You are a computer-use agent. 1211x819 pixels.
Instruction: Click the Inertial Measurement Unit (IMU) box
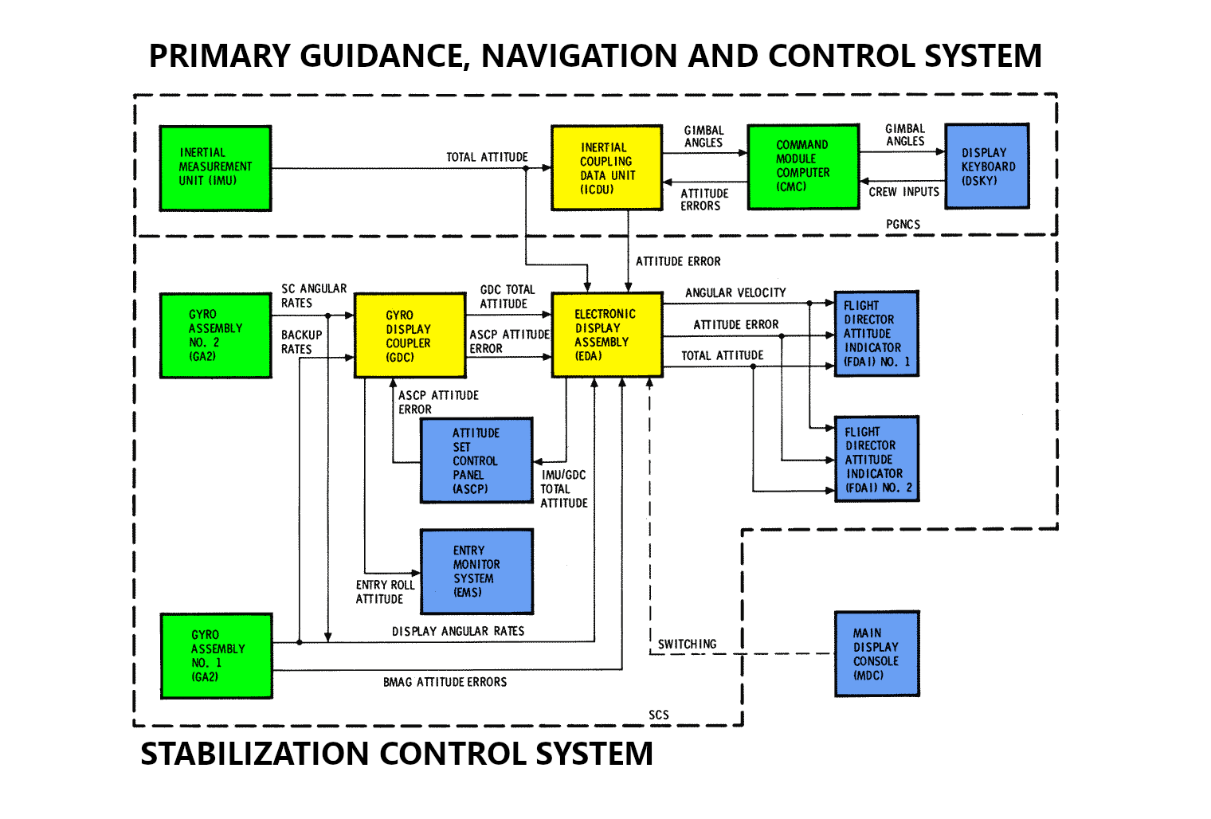click(x=215, y=168)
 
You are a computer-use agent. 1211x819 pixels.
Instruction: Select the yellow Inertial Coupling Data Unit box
click(x=606, y=168)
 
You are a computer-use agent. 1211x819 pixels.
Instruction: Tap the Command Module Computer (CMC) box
click(x=803, y=167)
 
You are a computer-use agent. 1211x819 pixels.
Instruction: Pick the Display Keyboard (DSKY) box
click(x=986, y=167)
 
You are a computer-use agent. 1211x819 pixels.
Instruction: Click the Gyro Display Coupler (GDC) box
click(x=410, y=335)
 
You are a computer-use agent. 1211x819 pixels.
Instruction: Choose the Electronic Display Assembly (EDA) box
click(x=606, y=335)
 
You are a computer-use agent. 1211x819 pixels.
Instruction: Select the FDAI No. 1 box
click(x=876, y=334)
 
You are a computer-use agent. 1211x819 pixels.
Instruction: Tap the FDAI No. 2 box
click(x=876, y=459)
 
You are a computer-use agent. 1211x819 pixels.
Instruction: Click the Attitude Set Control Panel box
click(x=476, y=460)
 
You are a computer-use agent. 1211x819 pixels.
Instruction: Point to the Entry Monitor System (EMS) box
click(x=476, y=571)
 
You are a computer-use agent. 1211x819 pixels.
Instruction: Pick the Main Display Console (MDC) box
click(x=876, y=654)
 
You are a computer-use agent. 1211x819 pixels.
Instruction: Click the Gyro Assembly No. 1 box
click(x=216, y=656)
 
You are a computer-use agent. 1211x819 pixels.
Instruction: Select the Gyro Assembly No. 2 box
click(x=215, y=335)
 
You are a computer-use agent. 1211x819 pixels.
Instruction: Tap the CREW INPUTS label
click(x=903, y=192)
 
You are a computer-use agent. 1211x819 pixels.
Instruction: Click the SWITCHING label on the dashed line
click(x=687, y=644)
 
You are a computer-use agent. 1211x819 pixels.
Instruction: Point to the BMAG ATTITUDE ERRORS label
click(x=445, y=682)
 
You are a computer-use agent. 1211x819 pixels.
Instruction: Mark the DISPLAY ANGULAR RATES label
click(x=457, y=631)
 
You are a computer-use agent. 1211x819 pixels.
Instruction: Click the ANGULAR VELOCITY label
click(x=735, y=292)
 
